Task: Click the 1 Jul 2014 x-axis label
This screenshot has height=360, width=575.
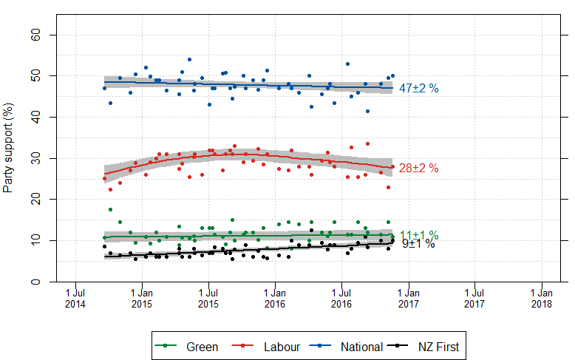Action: click(x=74, y=298)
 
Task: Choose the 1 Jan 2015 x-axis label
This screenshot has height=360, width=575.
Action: click(x=141, y=298)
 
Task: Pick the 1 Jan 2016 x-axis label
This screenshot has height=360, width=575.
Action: click(x=275, y=298)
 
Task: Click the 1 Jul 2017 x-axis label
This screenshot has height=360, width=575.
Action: click(x=475, y=298)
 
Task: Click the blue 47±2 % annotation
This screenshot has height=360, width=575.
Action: click(x=419, y=89)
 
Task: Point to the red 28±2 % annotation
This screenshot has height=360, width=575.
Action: click(x=419, y=169)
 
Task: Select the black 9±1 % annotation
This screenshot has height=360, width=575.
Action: click(x=418, y=244)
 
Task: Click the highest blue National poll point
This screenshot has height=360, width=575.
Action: click(x=190, y=59)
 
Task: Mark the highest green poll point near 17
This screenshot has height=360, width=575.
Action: click(x=110, y=210)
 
